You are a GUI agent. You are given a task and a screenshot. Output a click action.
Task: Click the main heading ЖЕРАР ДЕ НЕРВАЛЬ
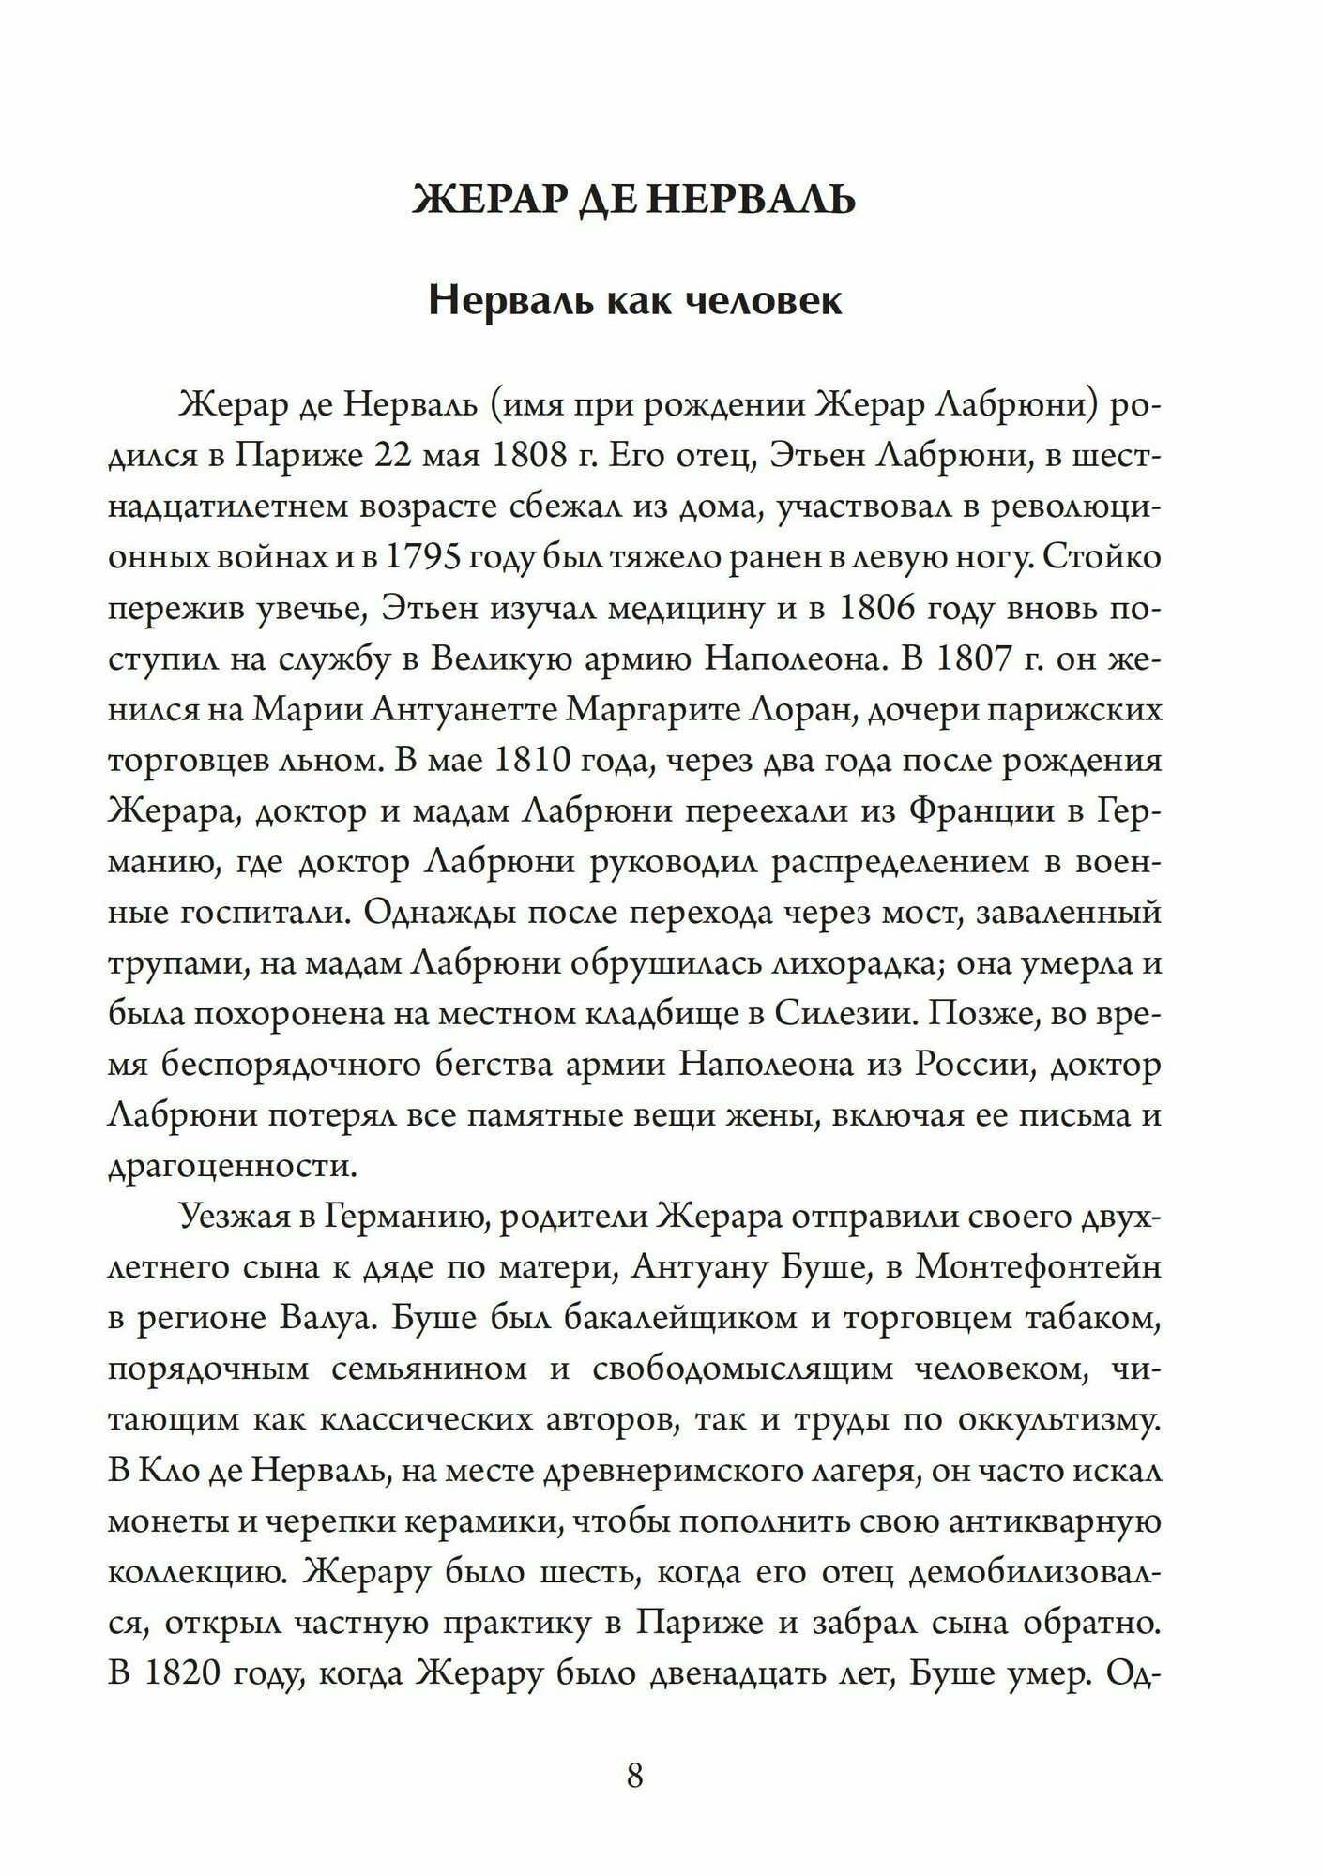[634, 200]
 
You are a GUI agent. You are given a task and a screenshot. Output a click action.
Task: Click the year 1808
[524, 456]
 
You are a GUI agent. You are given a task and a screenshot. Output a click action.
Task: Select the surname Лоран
[797, 709]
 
